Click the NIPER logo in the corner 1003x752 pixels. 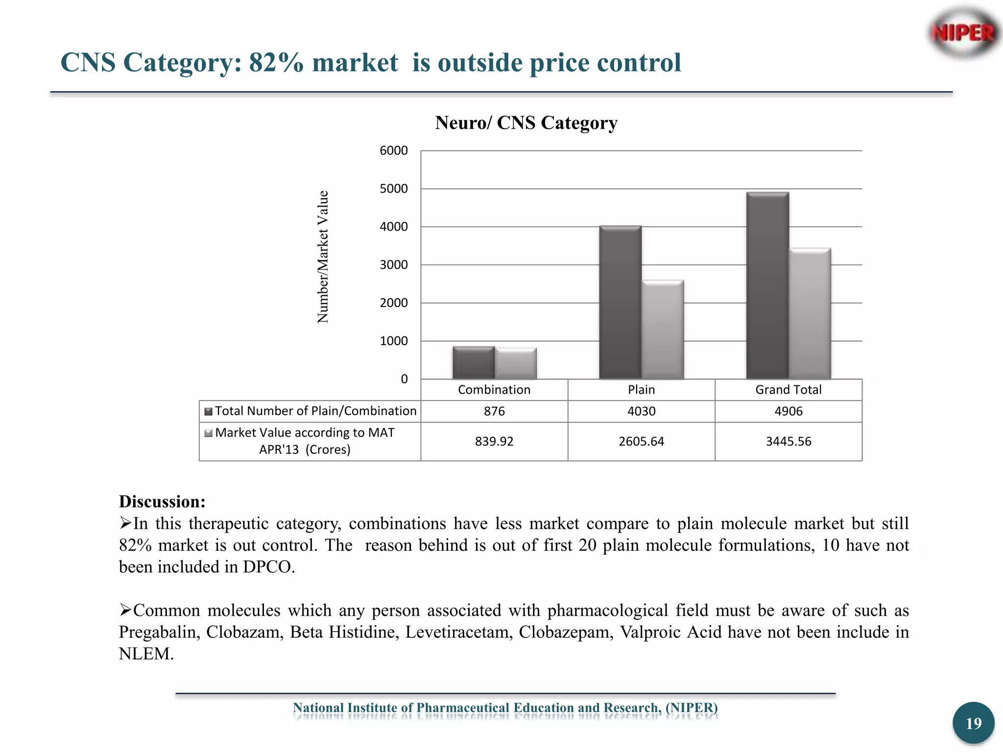pyautogui.click(x=963, y=33)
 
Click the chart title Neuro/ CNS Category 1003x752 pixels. pyautogui.click(x=526, y=123)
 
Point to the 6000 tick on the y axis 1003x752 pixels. pyautogui.click(x=394, y=151)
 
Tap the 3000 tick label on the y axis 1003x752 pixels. pyautogui.click(x=394, y=265)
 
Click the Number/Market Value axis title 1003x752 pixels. pyautogui.click(x=323, y=257)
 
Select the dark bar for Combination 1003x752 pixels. pyautogui.click(x=474, y=363)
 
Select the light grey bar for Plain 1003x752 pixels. pyautogui.click(x=663, y=329)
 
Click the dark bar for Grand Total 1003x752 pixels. pyautogui.click(x=767, y=285)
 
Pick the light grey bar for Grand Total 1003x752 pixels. pyautogui.click(x=810, y=314)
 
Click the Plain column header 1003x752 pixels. pyautogui.click(x=641, y=390)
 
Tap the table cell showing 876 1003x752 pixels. pyautogui.click(x=494, y=411)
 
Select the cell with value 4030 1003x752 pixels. pyautogui.click(x=641, y=411)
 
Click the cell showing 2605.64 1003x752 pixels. pyautogui.click(x=641, y=442)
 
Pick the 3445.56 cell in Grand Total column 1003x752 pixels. pyautogui.click(x=788, y=442)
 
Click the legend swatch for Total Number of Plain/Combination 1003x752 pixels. pyautogui.click(x=209, y=411)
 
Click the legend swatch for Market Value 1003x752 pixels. pyautogui.click(x=209, y=433)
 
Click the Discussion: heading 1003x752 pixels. pyautogui.click(x=162, y=502)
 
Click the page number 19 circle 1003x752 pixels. pyautogui.click(x=973, y=723)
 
